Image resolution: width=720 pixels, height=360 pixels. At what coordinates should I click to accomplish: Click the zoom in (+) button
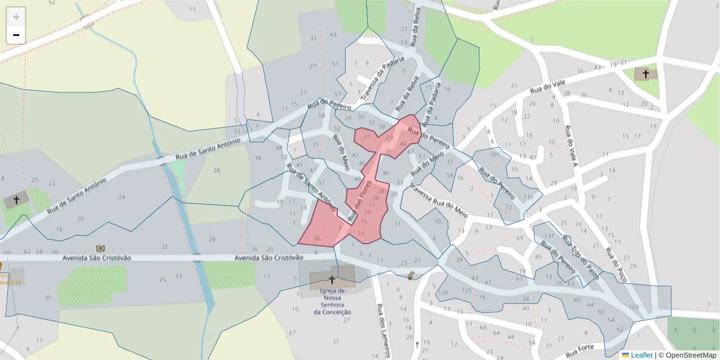[x=16, y=17]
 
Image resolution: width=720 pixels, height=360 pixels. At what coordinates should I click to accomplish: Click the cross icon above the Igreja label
[x=332, y=280]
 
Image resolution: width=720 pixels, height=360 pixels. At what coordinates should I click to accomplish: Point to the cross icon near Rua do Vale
[x=646, y=74]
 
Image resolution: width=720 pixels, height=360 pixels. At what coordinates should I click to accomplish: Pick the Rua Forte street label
[x=580, y=350]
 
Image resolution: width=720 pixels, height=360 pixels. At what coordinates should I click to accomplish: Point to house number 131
[x=528, y=197]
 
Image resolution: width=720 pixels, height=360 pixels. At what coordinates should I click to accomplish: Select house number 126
[x=443, y=293]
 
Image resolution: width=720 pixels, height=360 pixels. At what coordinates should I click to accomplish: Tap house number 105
[x=634, y=307]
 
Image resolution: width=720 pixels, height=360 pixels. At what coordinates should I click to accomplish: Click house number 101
[x=494, y=154]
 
